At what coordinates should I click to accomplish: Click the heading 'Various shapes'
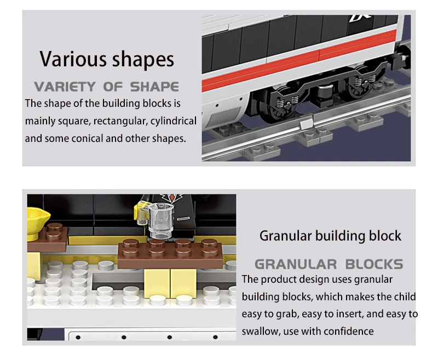pos(107,59)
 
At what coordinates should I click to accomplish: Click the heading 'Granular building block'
pos(330,236)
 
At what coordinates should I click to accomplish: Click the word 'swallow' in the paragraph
pos(260,331)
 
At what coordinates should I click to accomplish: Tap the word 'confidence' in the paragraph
pos(348,331)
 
